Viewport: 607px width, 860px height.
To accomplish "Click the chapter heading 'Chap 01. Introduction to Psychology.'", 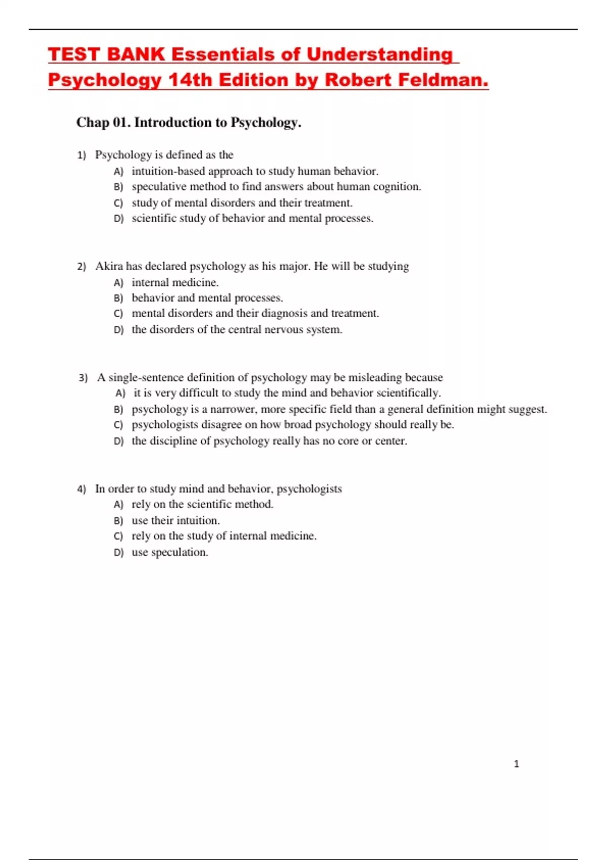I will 189,122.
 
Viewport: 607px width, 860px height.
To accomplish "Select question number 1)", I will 81,155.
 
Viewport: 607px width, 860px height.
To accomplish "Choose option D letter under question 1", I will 118,219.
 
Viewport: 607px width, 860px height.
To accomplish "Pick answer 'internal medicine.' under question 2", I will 175,282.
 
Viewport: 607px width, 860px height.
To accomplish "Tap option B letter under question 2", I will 118,298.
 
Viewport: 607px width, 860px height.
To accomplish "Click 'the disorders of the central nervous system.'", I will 237,330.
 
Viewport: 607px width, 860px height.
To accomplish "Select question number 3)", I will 83,378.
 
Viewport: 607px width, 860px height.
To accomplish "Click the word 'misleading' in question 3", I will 375,377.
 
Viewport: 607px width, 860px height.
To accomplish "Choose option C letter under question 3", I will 118,425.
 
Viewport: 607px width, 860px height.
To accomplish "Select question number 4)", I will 81,489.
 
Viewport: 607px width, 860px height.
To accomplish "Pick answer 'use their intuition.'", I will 176,521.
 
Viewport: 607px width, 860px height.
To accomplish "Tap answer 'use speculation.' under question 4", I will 170,552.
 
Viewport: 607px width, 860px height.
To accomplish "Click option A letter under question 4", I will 118,505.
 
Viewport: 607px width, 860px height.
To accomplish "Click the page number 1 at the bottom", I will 516,764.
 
